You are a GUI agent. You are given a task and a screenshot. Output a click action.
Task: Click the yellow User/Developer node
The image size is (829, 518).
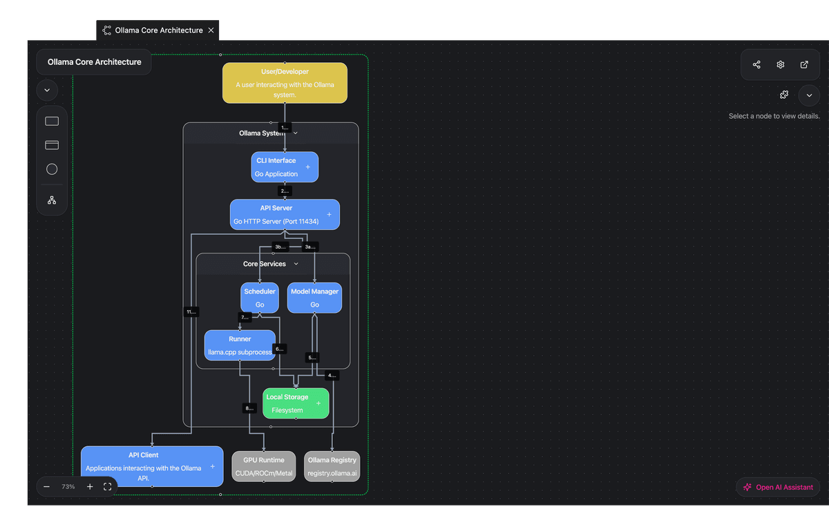(x=285, y=83)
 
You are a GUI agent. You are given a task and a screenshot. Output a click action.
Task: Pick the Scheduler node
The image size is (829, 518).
(x=260, y=298)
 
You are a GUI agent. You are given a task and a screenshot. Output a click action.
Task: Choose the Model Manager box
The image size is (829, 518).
(x=314, y=298)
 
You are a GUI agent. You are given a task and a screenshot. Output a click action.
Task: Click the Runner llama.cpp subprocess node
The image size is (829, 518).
(x=239, y=345)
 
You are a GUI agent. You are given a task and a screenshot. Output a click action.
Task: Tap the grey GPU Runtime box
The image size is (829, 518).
(x=263, y=466)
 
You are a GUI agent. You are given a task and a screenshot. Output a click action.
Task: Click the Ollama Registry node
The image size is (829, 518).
(x=332, y=466)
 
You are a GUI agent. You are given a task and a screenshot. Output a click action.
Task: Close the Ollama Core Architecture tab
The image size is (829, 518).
(x=211, y=30)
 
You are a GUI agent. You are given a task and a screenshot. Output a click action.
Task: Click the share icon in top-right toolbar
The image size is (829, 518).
(x=756, y=65)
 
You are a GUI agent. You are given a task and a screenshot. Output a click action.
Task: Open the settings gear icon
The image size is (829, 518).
(x=781, y=65)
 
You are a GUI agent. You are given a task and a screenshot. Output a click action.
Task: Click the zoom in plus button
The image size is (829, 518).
(x=90, y=487)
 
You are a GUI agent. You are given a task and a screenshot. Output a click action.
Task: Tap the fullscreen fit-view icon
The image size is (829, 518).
(x=108, y=487)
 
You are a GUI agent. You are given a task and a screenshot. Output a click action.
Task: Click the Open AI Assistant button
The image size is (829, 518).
(x=778, y=487)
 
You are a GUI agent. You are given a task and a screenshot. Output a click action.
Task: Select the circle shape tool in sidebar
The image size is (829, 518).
(x=52, y=169)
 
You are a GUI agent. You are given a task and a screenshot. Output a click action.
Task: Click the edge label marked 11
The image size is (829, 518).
(x=191, y=312)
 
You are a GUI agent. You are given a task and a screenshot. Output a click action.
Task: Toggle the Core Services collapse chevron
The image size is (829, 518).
(x=296, y=264)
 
